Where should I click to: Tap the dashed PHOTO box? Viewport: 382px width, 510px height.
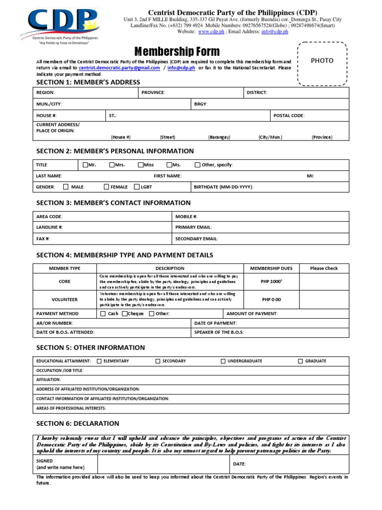pyautogui.click(x=322, y=63)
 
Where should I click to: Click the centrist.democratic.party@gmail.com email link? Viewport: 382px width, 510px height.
pyautogui.click(x=119, y=68)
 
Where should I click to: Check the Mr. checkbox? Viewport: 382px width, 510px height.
pyautogui.click(x=85, y=165)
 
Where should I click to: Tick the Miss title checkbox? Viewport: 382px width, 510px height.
pyautogui.click(x=141, y=165)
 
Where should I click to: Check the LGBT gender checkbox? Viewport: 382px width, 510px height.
pyautogui.click(x=137, y=187)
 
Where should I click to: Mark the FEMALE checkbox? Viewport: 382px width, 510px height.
pyautogui.click(x=106, y=187)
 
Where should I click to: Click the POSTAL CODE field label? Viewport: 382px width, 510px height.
pyautogui.click(x=288, y=116)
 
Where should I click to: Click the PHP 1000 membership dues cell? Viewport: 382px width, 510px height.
pyautogui.click(x=271, y=282)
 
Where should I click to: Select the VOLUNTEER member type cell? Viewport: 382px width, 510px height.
pyautogui.click(x=64, y=300)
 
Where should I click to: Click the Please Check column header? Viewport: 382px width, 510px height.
pyautogui.click(x=324, y=268)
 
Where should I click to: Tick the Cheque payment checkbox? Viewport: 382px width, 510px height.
pyautogui.click(x=125, y=314)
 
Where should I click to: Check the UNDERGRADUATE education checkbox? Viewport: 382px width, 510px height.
pyautogui.click(x=223, y=361)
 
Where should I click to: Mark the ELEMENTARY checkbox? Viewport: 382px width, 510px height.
pyautogui.click(x=99, y=361)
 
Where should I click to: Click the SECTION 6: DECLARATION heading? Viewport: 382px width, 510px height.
pyautogui.click(x=78, y=423)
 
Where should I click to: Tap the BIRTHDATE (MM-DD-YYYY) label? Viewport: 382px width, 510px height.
pyautogui.click(x=223, y=187)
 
